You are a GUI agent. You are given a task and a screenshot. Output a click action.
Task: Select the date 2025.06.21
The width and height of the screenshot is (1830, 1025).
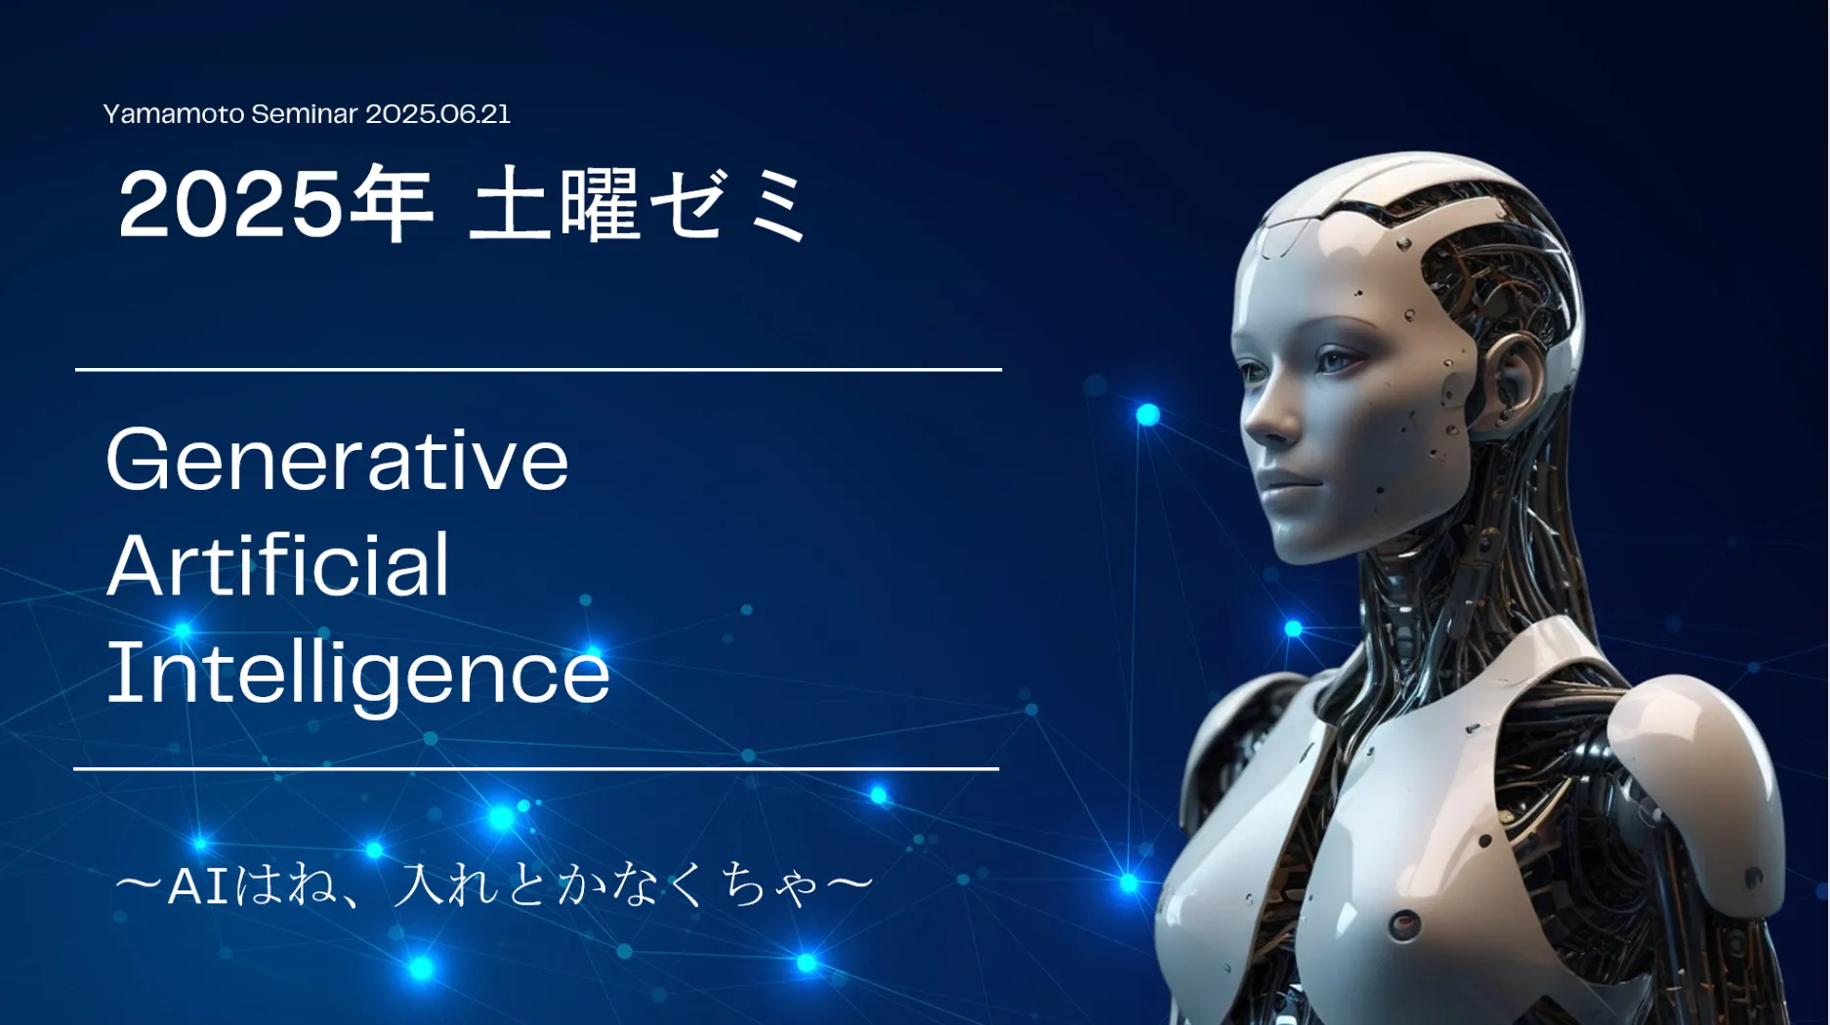[x=437, y=114]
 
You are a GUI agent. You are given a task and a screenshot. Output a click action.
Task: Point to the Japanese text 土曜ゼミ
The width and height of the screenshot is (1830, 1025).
[x=640, y=204]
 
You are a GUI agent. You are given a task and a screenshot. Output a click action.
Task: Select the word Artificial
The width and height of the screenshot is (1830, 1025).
[x=278, y=565]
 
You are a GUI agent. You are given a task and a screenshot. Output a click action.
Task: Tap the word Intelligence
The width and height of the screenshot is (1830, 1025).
[x=358, y=675]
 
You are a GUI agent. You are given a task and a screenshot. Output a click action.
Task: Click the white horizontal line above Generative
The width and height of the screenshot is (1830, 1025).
[x=538, y=370]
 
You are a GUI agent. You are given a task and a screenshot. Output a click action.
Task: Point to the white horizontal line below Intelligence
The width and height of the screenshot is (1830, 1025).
[x=536, y=769]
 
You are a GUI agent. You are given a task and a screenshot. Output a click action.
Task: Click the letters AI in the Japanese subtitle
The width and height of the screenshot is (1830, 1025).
[x=199, y=886]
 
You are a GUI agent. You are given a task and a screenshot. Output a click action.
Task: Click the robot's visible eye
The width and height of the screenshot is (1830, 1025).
[x=1334, y=362]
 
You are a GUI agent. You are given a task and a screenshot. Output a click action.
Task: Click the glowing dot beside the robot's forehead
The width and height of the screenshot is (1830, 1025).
[x=1148, y=415]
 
